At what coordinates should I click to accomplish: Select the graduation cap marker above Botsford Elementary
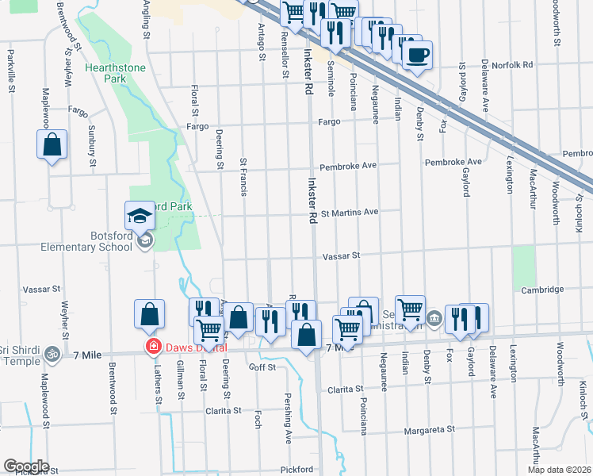pyautogui.click(x=140, y=216)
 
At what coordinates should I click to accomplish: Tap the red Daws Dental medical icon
pyautogui.click(x=150, y=347)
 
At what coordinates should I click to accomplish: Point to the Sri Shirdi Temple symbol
pyautogui.click(x=52, y=352)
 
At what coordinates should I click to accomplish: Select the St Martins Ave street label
pyautogui.click(x=349, y=213)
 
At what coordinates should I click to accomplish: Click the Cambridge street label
pyautogui.click(x=542, y=290)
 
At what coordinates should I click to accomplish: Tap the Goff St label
pyautogui.click(x=262, y=367)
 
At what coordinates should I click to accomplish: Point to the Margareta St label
pyautogui.click(x=430, y=429)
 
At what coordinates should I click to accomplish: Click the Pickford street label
pyautogui.click(x=295, y=469)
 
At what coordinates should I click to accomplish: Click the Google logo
pyautogui.click(x=26, y=466)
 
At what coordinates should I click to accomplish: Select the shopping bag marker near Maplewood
pyautogui.click(x=52, y=146)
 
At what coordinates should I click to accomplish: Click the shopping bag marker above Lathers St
pyautogui.click(x=149, y=315)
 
